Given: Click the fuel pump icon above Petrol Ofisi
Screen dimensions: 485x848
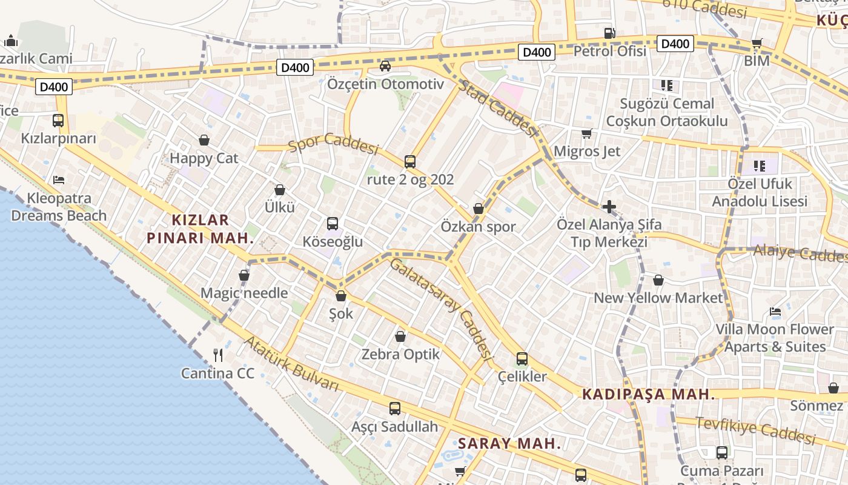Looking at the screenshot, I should tap(609, 33).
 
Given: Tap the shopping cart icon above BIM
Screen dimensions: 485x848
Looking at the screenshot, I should tap(757, 44).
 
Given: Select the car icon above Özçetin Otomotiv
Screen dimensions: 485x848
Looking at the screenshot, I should tap(385, 65).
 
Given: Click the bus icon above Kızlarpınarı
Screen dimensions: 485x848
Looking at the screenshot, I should tap(58, 120).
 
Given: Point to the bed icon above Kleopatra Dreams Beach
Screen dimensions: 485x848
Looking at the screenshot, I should tap(59, 179).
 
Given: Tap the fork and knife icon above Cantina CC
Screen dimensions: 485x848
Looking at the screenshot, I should tap(218, 355).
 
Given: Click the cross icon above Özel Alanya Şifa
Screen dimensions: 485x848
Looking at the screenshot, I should tap(609, 207).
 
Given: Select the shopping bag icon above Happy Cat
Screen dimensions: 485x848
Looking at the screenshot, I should tap(204, 140).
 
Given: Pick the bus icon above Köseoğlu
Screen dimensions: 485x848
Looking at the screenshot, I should tap(333, 223).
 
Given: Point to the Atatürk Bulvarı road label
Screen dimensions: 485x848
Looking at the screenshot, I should tap(291, 363).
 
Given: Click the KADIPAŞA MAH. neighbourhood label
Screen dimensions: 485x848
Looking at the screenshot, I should tap(648, 395).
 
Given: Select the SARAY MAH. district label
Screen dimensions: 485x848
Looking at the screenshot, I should tap(509, 443).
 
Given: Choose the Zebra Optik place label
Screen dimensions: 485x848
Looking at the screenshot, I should tap(400, 354).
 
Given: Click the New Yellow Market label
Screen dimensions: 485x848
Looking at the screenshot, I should tap(658, 298).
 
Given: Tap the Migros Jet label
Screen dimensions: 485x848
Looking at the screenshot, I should tap(588, 151).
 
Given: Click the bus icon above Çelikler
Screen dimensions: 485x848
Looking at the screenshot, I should tap(522, 358).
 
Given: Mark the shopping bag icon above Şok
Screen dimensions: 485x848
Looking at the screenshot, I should tap(341, 296).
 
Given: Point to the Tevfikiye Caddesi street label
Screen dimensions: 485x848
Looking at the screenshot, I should tap(755, 430).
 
